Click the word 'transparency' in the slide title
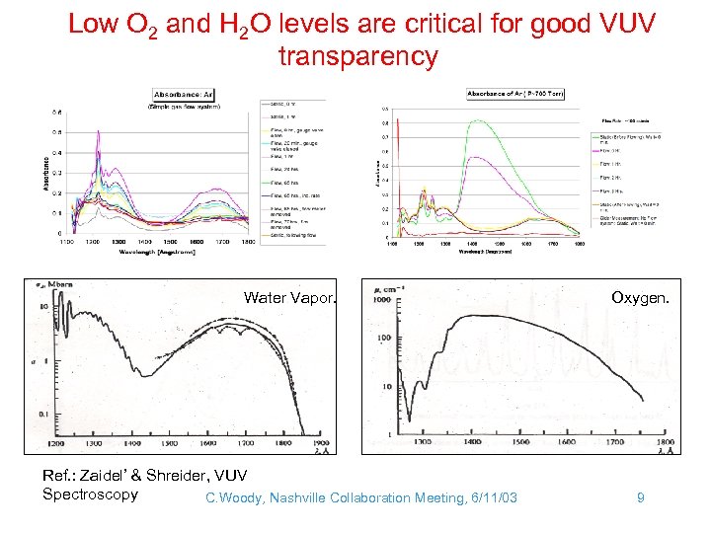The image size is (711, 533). (357, 57)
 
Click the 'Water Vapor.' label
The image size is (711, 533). (290, 297)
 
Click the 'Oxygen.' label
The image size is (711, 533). (637, 297)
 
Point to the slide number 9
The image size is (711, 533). (640, 497)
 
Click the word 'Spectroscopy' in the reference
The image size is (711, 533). (90, 495)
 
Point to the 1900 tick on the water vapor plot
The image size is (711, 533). (321, 444)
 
